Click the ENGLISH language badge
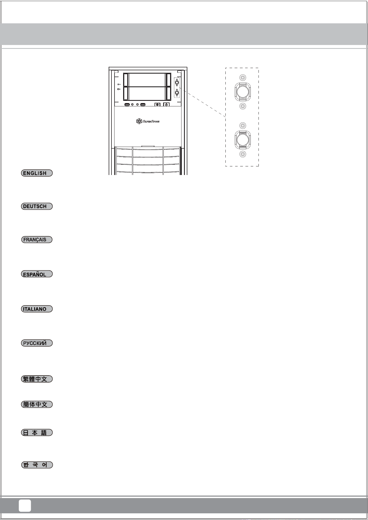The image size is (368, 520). point(37,173)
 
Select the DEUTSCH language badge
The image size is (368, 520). point(37,206)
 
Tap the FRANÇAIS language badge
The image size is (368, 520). point(37,240)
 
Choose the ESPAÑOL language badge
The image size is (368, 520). point(37,274)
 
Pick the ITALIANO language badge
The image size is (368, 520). point(37,309)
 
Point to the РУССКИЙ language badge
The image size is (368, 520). point(37,343)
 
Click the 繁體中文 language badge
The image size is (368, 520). point(37,379)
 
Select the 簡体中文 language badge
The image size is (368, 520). point(37,404)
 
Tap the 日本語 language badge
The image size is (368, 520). point(37,433)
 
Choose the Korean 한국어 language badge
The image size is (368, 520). point(37,465)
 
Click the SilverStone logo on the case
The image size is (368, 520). point(148,121)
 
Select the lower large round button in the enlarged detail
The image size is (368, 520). point(243,139)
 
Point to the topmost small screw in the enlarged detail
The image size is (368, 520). point(243,78)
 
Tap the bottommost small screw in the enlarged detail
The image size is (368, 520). point(243,154)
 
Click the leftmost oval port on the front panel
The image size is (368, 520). point(127,105)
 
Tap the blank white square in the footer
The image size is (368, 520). point(25,506)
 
